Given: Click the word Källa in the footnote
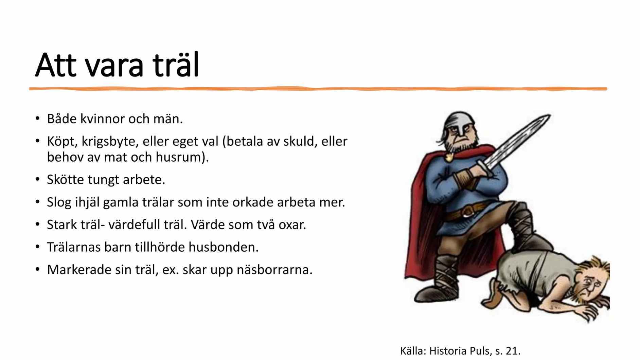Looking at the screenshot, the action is [x=412, y=351].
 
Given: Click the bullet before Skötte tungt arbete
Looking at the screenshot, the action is [x=37, y=180].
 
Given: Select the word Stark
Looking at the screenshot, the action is [x=62, y=225].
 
